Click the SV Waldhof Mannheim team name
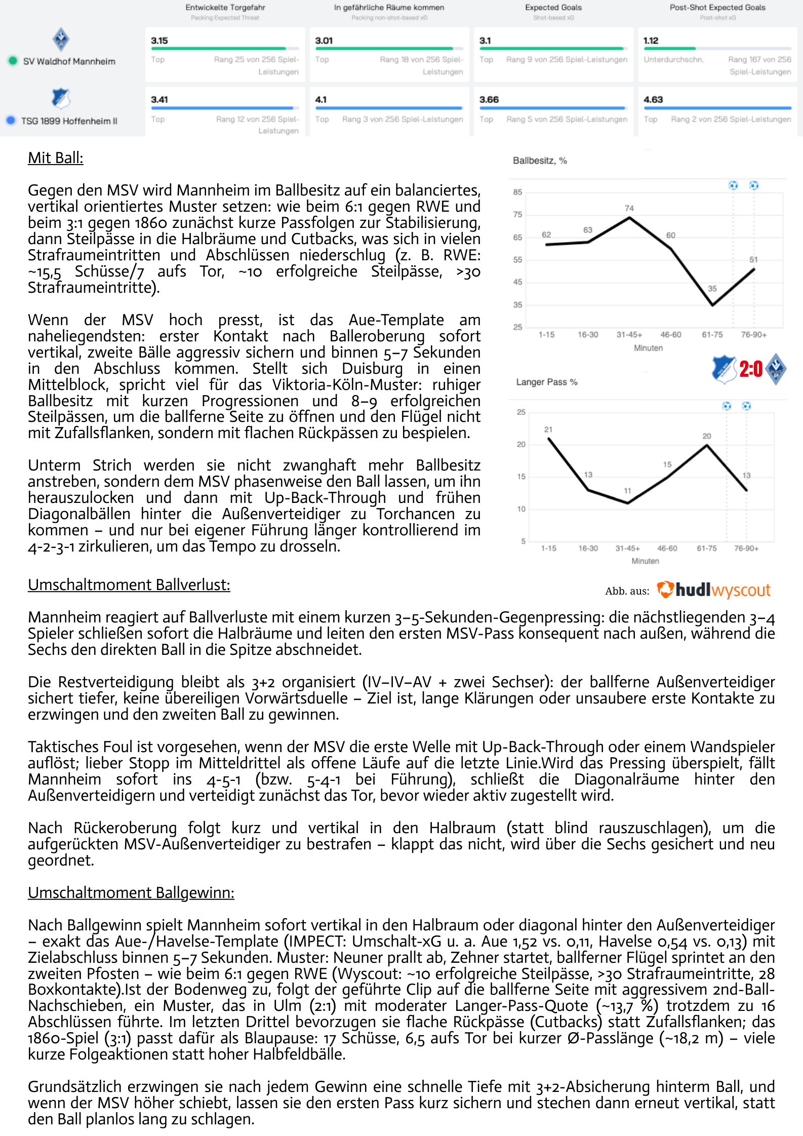click(x=69, y=61)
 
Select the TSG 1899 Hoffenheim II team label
click(x=69, y=121)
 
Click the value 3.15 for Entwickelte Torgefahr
click(x=159, y=41)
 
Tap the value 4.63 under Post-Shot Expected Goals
click(x=653, y=100)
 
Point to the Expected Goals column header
click(x=553, y=8)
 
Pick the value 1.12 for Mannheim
click(x=651, y=41)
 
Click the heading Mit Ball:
click(x=56, y=158)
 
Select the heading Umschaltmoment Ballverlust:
click(x=129, y=585)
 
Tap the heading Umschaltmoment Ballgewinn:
click(x=131, y=893)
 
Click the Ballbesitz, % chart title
click(x=540, y=161)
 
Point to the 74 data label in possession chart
click(x=629, y=208)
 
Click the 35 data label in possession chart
click(x=712, y=289)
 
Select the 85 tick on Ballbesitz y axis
click(x=517, y=192)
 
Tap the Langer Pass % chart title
click(x=547, y=382)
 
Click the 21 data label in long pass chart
click(x=548, y=429)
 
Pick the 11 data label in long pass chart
click(x=627, y=491)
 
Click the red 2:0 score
click(x=751, y=369)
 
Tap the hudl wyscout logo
click(x=714, y=590)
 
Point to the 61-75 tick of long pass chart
click(x=707, y=549)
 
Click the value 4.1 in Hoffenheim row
click(x=321, y=100)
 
